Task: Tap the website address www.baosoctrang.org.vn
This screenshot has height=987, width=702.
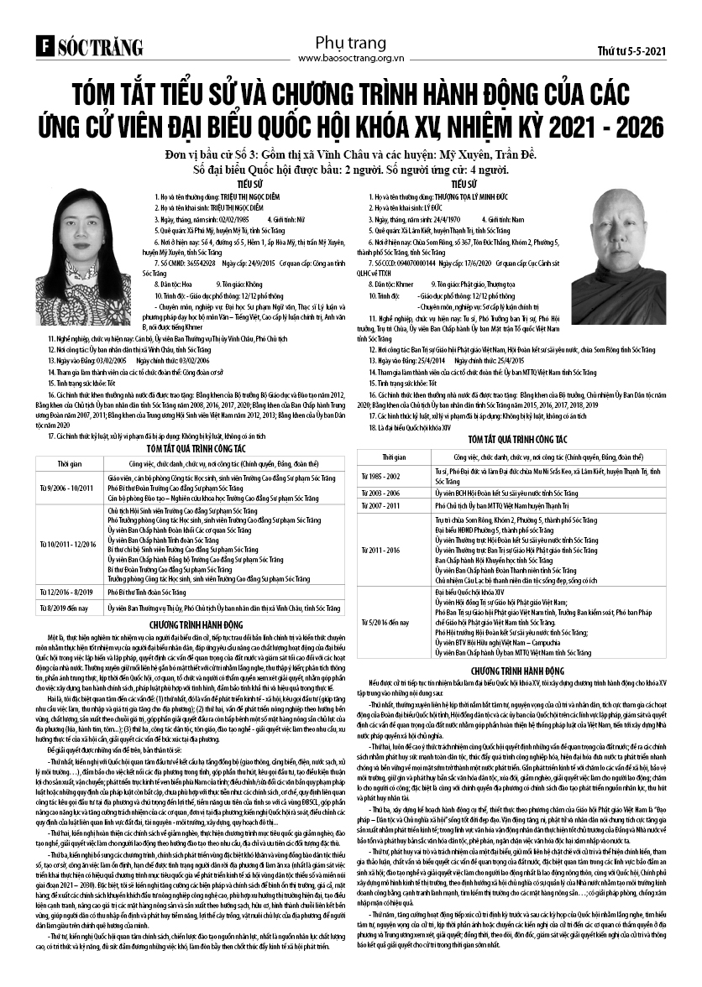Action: (352, 58)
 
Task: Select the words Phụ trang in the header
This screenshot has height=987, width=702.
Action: (351, 42)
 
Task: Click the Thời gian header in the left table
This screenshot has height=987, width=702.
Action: (70, 463)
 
